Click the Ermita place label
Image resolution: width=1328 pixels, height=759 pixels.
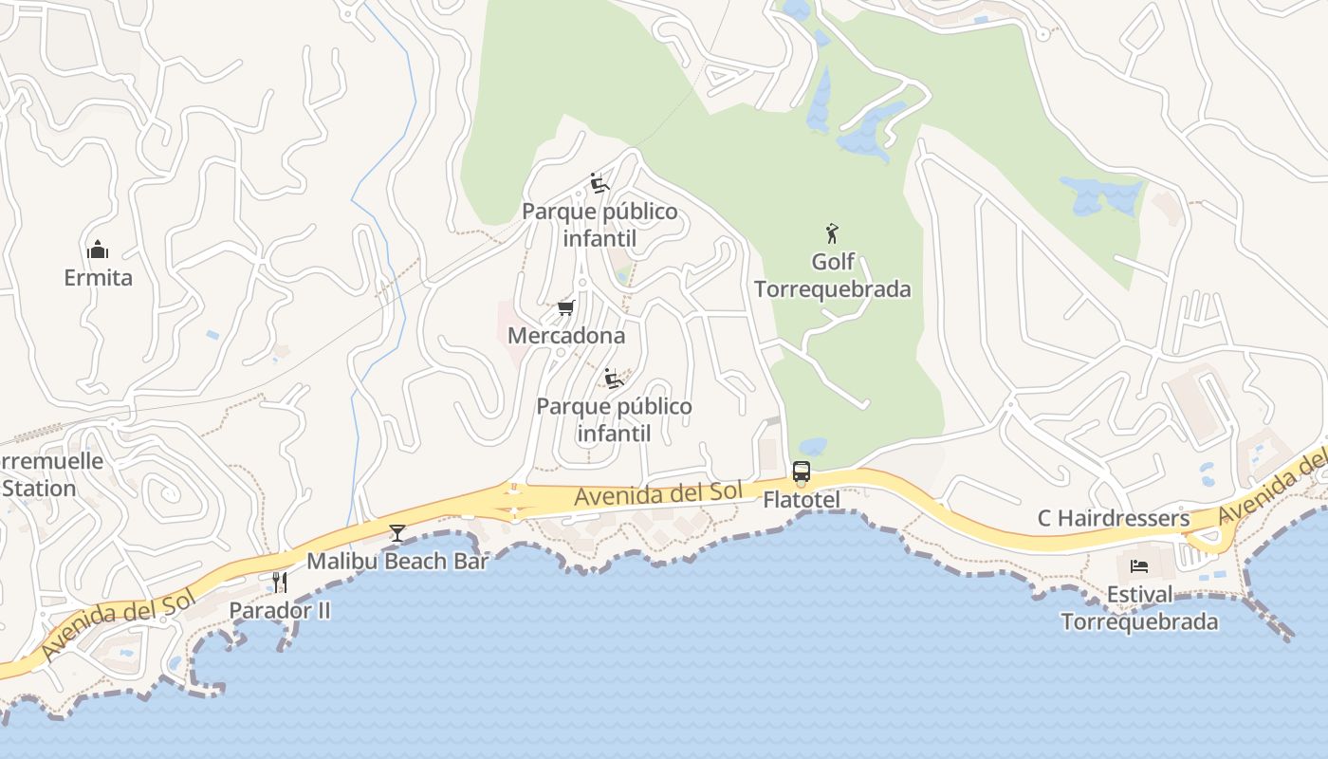tap(98, 278)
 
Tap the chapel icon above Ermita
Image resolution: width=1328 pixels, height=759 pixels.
tap(98, 250)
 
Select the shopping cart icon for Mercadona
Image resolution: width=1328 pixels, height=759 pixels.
tap(566, 308)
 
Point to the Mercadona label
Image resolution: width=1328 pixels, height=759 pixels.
tap(566, 336)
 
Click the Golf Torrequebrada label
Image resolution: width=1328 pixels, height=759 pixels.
tap(833, 275)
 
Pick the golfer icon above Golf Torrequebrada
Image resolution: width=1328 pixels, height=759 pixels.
tap(833, 232)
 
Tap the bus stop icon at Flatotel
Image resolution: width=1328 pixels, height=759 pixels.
tap(802, 472)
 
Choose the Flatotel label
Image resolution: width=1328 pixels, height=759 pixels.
tap(802, 499)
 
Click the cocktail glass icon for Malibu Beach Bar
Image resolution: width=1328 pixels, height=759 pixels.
tap(397, 533)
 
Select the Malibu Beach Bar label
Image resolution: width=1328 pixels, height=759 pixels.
tap(397, 561)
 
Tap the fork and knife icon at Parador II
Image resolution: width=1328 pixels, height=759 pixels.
tap(280, 582)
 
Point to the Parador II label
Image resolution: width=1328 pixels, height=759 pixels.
tap(280, 610)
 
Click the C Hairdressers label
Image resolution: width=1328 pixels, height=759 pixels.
tap(1114, 518)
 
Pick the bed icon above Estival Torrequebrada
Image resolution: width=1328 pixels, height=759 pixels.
tap(1139, 566)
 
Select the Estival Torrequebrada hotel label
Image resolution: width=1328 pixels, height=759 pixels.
tap(1139, 608)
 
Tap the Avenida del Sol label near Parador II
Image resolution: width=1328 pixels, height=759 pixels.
tap(118, 622)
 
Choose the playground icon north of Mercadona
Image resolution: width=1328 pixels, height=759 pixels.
tap(599, 182)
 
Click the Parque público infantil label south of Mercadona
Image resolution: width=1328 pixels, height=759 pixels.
tap(614, 419)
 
